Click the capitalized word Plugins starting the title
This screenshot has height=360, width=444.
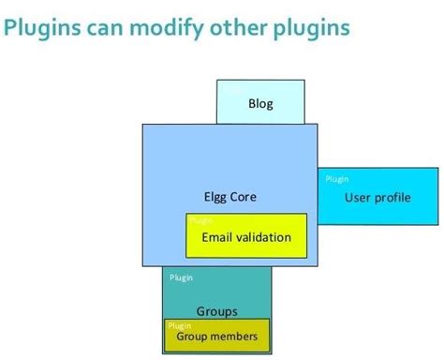41,28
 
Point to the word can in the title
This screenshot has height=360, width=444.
104,28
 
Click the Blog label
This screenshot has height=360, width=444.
260,103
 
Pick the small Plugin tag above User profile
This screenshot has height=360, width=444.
336,178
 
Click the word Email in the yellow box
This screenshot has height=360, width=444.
218,237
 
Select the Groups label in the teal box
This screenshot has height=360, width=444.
216,311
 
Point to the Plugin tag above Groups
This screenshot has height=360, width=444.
182,277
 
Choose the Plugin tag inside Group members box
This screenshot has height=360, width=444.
180,326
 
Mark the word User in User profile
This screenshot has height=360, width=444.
357,197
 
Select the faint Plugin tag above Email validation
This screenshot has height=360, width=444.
201,221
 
